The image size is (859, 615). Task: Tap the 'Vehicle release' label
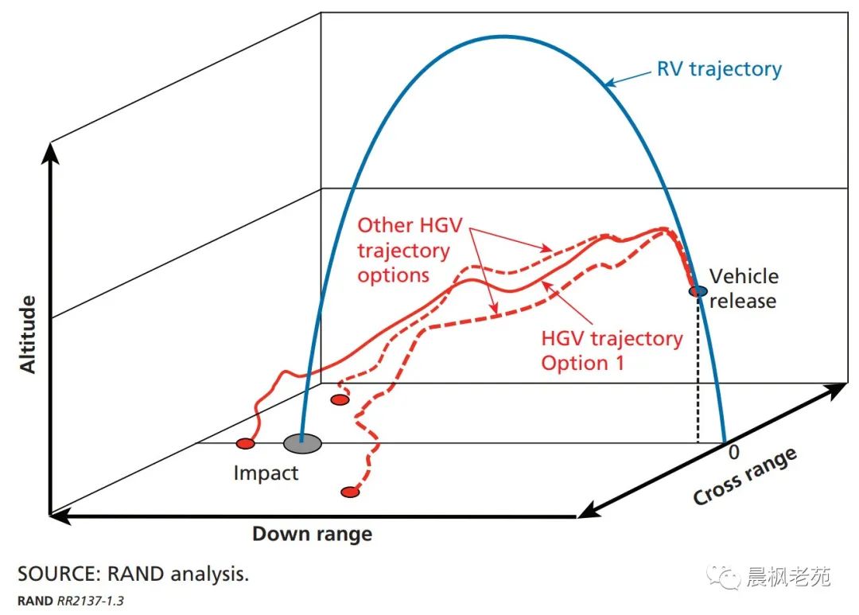click(744, 288)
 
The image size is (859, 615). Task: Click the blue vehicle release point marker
click(698, 292)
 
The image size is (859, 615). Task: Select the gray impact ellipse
click(302, 443)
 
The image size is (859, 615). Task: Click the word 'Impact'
click(266, 473)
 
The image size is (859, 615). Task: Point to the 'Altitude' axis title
click(28, 334)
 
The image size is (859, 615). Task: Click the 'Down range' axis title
click(312, 534)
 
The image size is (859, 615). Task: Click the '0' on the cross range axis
click(734, 452)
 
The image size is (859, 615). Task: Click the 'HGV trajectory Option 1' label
click(611, 350)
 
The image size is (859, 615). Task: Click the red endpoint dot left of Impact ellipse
click(245, 443)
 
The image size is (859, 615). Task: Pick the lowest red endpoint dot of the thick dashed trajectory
click(349, 492)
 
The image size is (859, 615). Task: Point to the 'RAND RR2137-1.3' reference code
click(71, 600)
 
